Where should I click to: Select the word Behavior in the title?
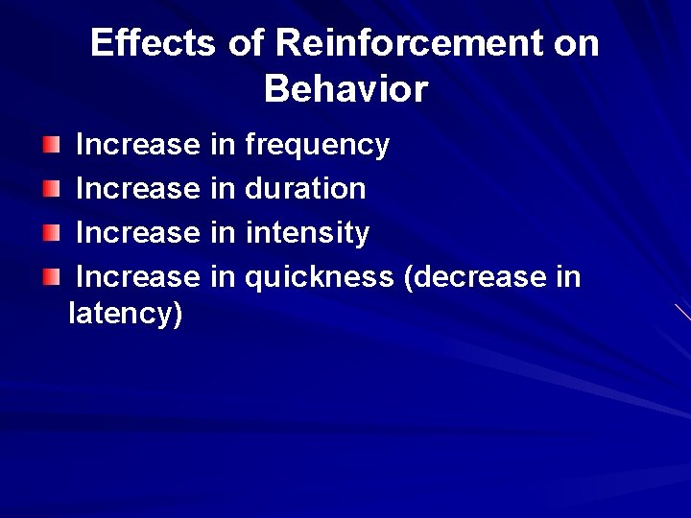[345, 89]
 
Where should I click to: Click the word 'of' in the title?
[246, 43]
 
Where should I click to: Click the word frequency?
[317, 145]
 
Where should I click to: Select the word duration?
[305, 189]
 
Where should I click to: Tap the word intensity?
[307, 233]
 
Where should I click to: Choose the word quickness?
[319, 277]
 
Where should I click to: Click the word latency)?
[126, 314]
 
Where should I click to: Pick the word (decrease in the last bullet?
[475, 277]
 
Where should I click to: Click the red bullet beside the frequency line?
[51, 145]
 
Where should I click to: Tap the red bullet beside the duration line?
[51, 189]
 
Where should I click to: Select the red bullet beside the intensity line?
[51, 233]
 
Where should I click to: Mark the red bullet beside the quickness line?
[51, 277]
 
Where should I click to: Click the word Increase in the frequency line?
[136, 145]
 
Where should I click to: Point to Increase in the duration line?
[136, 189]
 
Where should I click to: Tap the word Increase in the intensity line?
[136, 233]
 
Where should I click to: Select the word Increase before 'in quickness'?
[136, 277]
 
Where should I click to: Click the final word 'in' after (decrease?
[568, 277]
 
